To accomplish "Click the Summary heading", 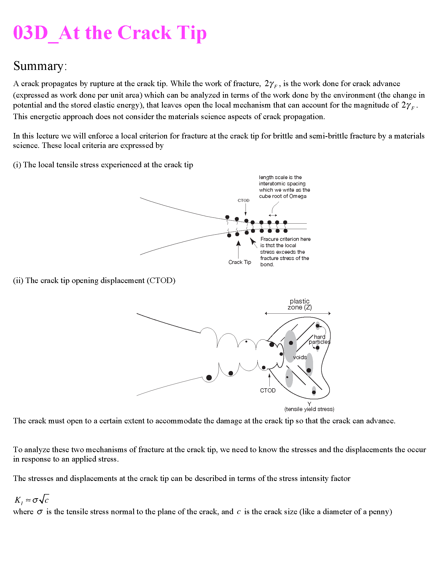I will point(40,66).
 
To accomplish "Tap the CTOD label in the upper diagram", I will point(243,201).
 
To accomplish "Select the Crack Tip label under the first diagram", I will point(240,262).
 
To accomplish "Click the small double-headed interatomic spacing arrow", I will point(273,215).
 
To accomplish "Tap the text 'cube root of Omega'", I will point(283,196).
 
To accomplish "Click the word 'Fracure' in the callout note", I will point(269,239).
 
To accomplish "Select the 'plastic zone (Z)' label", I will point(299,304).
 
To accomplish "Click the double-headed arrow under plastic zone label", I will point(298,313).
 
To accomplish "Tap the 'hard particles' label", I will point(319,339).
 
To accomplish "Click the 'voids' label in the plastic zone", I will point(300,357).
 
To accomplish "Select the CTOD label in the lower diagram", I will point(268,391).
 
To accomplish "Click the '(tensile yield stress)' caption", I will point(309,409).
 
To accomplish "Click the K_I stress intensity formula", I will point(32,500).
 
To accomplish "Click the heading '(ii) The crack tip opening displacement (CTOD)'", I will point(94,280).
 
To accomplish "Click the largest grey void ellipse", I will point(290,346).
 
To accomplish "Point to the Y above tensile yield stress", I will point(309,404).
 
